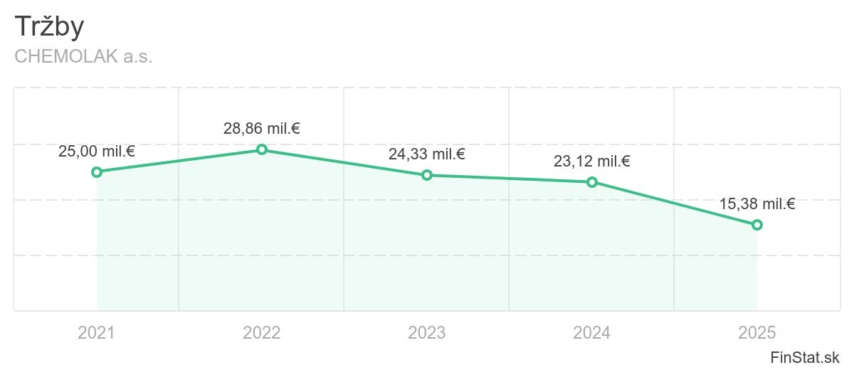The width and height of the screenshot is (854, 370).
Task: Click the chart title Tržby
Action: coord(49,26)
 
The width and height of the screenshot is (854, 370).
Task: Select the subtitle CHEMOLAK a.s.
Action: coord(83,56)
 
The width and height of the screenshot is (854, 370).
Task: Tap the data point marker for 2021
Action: coord(97,172)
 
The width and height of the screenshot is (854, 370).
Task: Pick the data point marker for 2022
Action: coord(262,149)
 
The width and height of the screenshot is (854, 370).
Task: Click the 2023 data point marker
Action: coord(427,175)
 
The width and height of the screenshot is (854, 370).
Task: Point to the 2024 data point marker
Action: coord(592,182)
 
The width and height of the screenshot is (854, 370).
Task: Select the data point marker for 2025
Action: coord(757,225)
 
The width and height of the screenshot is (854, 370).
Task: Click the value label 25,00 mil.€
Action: coord(97,152)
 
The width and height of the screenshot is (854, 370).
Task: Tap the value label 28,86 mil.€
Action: coord(262,129)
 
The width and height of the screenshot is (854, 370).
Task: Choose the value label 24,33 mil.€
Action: coord(427,154)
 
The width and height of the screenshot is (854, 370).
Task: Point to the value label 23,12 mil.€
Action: coord(592,162)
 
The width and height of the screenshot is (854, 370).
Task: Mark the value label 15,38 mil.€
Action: coord(757,204)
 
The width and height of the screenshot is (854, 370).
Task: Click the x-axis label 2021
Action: coord(97,333)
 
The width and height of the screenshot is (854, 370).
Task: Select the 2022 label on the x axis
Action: coord(262,333)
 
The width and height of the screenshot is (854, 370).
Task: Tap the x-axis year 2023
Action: coord(427,333)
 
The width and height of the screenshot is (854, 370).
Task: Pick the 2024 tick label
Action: coord(592,333)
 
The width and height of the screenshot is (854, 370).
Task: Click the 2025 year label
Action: coord(757,333)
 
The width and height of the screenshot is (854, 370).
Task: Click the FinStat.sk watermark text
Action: coord(805,357)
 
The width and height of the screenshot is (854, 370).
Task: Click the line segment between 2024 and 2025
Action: coord(675,203)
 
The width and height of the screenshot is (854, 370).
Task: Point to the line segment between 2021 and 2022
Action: coord(179,161)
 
